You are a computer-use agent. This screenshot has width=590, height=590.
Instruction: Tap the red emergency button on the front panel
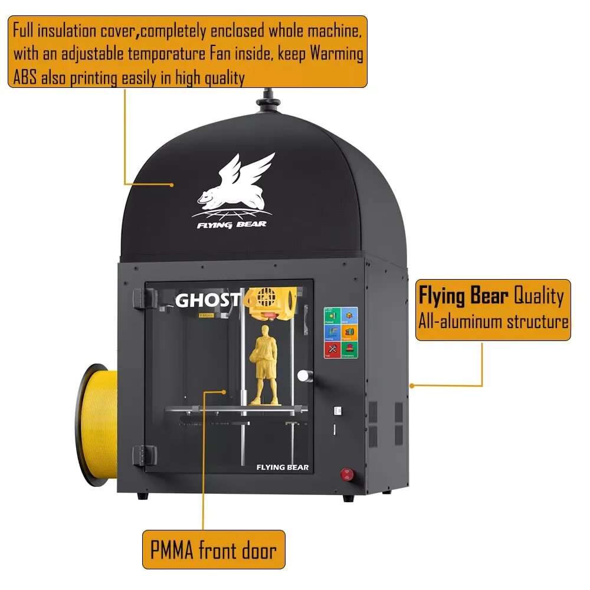pyautogui.click(x=348, y=474)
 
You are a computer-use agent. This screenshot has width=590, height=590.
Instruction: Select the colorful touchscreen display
pyautogui.click(x=340, y=332)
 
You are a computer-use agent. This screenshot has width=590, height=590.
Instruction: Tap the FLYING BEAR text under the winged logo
pyautogui.click(x=232, y=224)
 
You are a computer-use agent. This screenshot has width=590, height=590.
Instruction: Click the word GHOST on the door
pyautogui.click(x=207, y=300)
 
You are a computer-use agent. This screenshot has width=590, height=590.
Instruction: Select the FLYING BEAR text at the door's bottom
pyautogui.click(x=282, y=467)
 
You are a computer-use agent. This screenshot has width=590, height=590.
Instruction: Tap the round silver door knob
pyautogui.click(x=304, y=375)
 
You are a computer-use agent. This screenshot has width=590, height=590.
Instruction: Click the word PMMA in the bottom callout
pyautogui.click(x=172, y=550)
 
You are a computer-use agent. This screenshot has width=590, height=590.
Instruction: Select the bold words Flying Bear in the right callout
pyautogui.click(x=463, y=296)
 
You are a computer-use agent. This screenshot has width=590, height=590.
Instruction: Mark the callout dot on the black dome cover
pyautogui.click(x=172, y=185)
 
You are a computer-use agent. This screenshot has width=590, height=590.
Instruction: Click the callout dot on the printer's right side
pyautogui.click(x=411, y=385)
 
